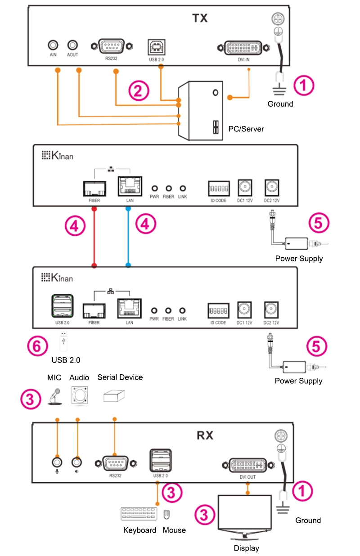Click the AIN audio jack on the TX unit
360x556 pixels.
pyautogui.click(x=53, y=45)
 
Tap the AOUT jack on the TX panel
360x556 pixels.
pyautogui.click(x=72, y=45)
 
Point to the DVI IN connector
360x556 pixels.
pyautogui.click(x=243, y=48)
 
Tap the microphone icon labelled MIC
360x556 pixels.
pyautogui.click(x=55, y=396)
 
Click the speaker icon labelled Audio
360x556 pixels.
pyautogui.click(x=79, y=396)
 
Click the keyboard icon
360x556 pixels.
pyautogui.click(x=139, y=515)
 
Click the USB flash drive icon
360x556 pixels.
pyautogui.click(x=63, y=341)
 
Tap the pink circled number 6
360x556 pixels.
pyautogui.click(x=37, y=346)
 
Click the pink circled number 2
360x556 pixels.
pyautogui.click(x=139, y=90)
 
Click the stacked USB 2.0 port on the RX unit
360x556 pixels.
pyautogui.click(x=160, y=458)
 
